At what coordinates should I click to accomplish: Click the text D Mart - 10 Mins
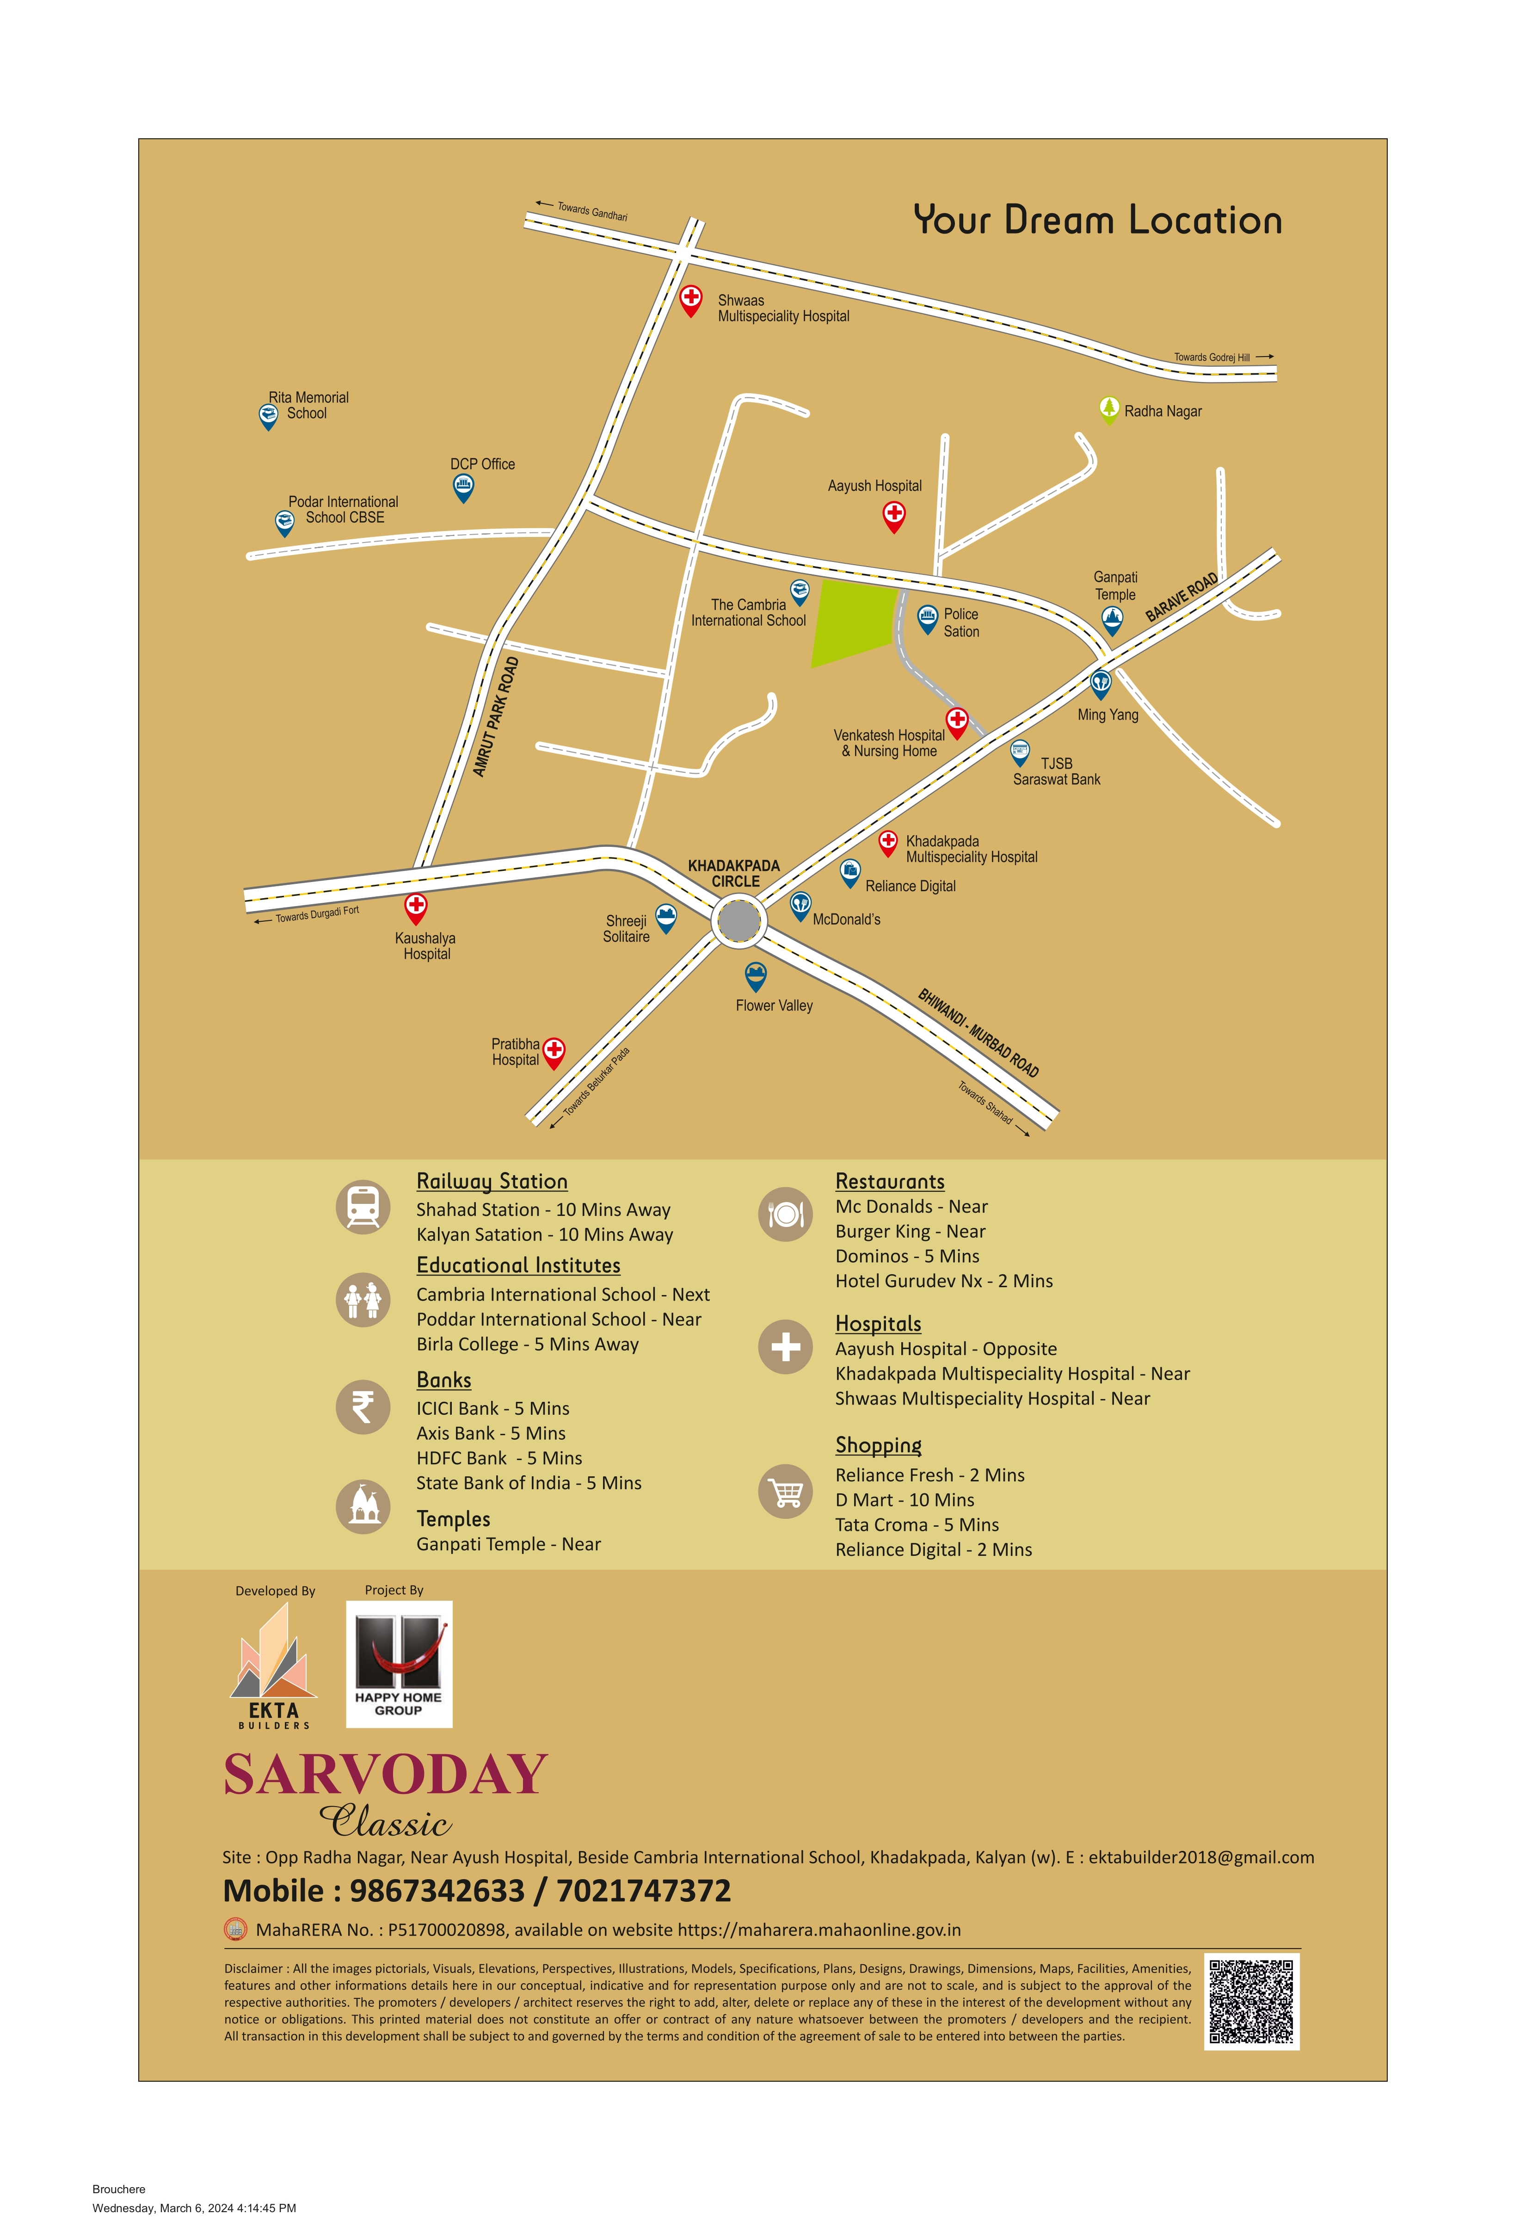click(905, 1500)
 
